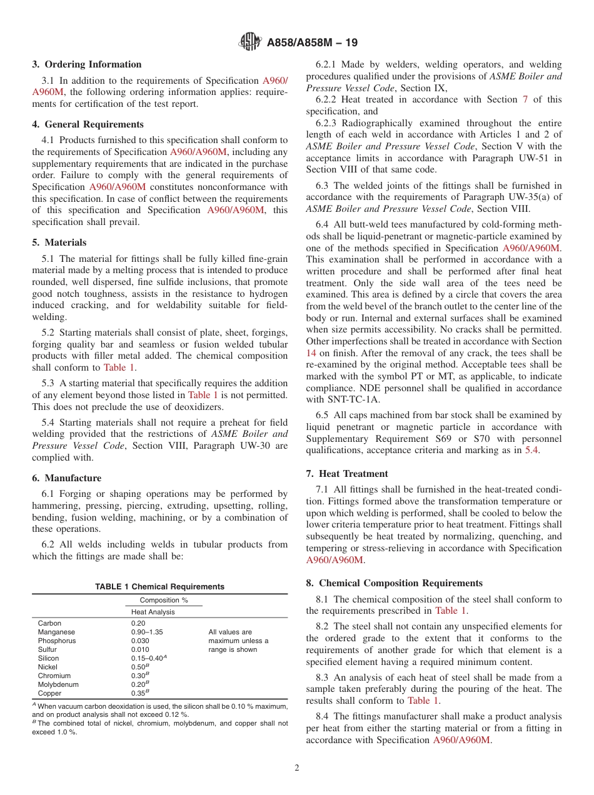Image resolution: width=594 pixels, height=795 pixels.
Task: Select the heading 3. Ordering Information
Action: click(87, 64)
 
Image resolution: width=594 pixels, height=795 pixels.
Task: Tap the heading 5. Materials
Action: click(59, 242)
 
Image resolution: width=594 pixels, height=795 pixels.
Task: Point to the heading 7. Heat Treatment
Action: click(347, 474)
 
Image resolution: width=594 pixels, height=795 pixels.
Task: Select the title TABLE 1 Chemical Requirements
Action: click(159, 587)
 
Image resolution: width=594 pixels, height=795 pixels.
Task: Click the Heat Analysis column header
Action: click(153, 612)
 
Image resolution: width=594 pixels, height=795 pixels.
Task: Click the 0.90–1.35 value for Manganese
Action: click(146, 632)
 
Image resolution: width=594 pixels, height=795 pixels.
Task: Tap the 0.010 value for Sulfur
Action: click(140, 649)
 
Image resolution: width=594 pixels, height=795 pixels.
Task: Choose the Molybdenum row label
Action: click(58, 684)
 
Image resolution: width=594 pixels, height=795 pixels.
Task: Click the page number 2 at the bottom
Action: click(297, 768)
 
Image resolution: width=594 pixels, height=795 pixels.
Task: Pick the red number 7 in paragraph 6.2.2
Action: click(525, 99)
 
